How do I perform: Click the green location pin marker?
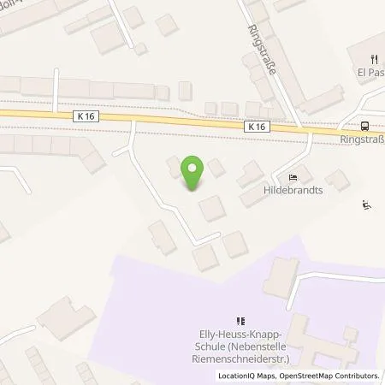pyautogui.click(x=192, y=174)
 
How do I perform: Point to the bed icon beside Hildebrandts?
pyautogui.click(x=293, y=178)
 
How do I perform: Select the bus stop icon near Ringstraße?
pyautogui.click(x=365, y=121)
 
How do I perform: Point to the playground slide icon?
pyautogui.click(x=367, y=204)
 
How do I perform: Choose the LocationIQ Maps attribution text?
pyautogui.click(x=248, y=376)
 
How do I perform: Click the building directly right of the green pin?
pyautogui.click(x=216, y=168)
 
